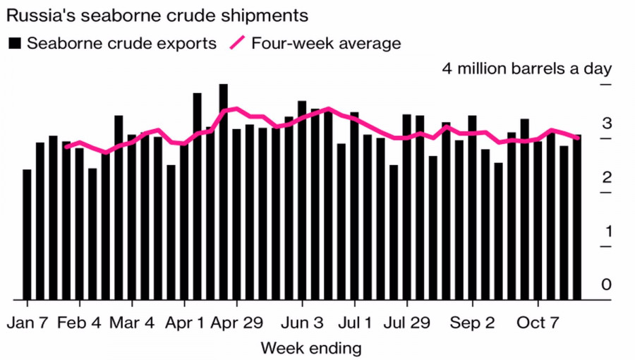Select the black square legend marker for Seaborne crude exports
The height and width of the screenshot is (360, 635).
[x=15, y=43]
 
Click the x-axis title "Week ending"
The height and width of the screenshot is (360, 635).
[x=311, y=348]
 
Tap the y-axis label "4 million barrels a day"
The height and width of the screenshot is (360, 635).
[x=526, y=68]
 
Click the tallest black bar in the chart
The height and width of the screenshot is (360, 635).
[x=223, y=191]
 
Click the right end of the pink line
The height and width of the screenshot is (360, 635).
[x=578, y=138]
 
